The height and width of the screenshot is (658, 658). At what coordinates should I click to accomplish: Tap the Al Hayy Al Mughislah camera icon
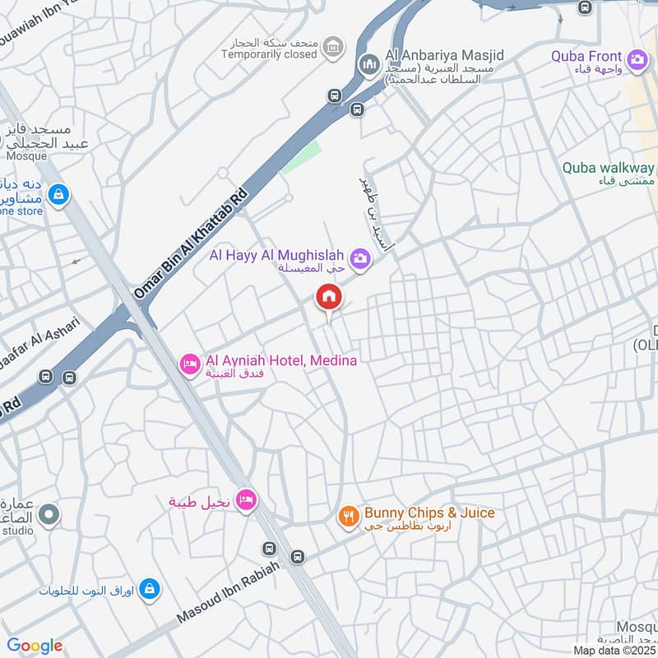pyautogui.click(x=359, y=259)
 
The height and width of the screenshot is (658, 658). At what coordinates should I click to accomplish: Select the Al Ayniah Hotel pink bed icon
pyautogui.click(x=190, y=363)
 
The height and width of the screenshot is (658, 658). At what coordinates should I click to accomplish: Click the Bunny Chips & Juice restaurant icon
pyautogui.click(x=348, y=517)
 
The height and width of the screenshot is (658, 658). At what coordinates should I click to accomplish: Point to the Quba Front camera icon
pyautogui.click(x=637, y=59)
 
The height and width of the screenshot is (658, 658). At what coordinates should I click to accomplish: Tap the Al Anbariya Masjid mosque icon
pyautogui.click(x=369, y=63)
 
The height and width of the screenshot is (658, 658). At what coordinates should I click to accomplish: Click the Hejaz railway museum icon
pyautogui.click(x=333, y=47)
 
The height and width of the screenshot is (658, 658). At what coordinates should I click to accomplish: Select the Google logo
pyautogui.click(x=34, y=646)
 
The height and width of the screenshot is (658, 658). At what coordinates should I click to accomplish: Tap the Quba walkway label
pyautogui.click(x=608, y=168)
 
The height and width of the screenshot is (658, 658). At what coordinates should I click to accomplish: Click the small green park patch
pyautogui.click(x=301, y=156)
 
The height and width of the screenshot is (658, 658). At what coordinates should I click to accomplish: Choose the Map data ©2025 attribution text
pyautogui.click(x=614, y=650)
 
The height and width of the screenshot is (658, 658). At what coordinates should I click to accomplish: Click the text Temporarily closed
pyautogui.click(x=268, y=54)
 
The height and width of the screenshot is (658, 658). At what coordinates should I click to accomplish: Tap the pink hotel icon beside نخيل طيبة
pyautogui.click(x=245, y=499)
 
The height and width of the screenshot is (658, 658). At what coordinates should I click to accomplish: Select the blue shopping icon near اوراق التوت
pyautogui.click(x=149, y=588)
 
